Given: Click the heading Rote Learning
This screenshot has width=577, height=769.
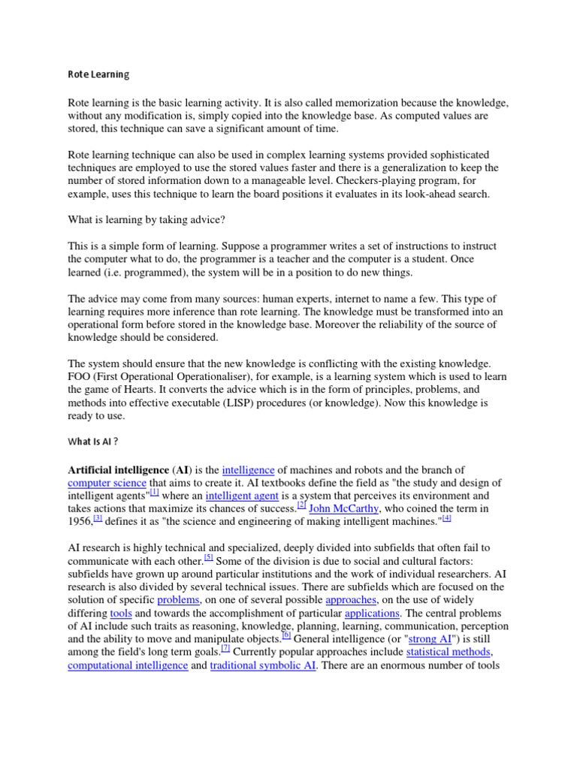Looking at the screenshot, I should pos(98,74).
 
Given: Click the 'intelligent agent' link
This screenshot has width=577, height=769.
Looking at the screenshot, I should pos(241,496).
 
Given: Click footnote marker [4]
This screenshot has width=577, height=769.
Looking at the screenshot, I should pos(446,519).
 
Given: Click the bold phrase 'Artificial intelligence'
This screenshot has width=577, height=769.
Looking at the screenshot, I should pos(118,469).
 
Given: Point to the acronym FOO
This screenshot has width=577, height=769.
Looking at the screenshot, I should pos(80,376).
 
